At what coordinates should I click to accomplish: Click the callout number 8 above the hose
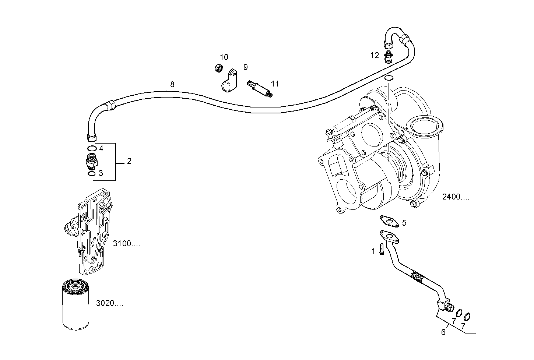coord(172,84)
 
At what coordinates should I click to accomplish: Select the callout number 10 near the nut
coord(224,57)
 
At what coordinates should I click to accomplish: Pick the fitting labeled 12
coord(388,57)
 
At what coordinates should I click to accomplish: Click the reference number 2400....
coord(456,197)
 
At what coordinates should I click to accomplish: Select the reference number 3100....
coord(126,244)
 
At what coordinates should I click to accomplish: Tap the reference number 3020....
coord(109,303)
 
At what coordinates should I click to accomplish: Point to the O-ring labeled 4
coord(92,148)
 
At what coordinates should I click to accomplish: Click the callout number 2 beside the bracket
coord(129,161)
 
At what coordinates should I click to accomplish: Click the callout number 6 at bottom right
coord(443,332)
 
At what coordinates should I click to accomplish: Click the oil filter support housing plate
coord(92,232)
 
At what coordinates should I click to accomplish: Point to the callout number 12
coord(375,56)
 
